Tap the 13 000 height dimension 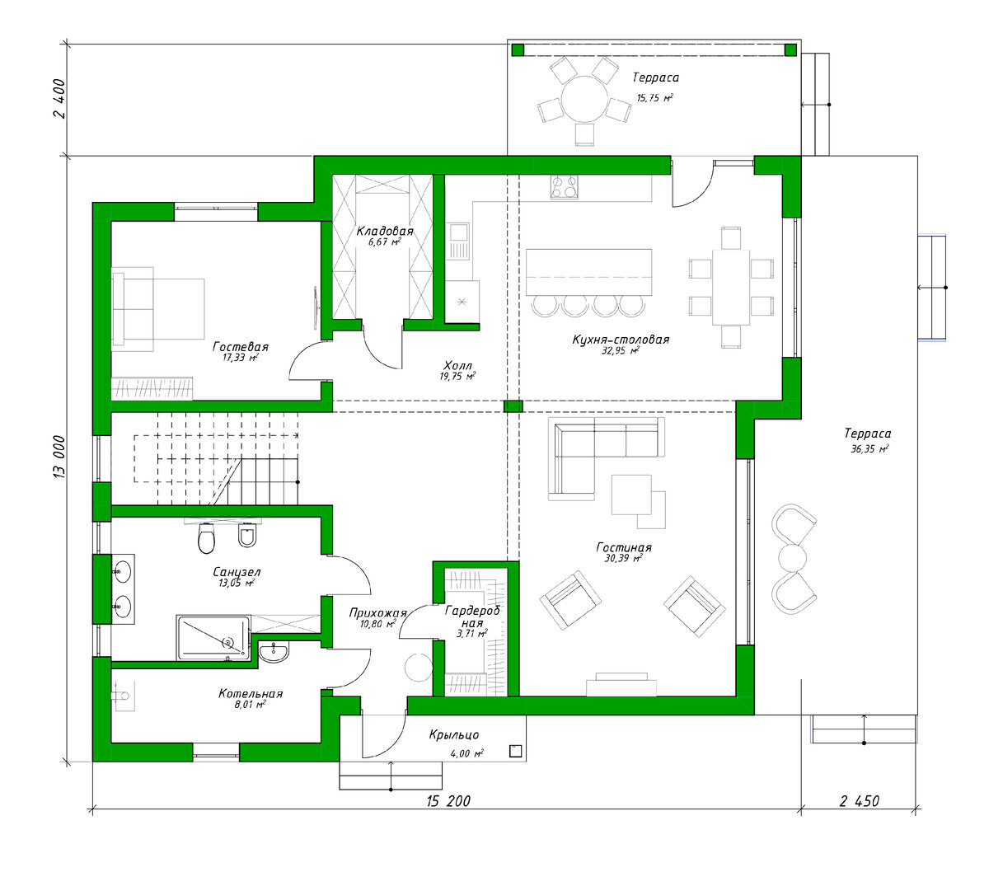(59, 456)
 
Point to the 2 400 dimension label (59, 99)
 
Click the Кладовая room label (384, 231)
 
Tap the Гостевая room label (240, 347)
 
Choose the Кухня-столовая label (620, 340)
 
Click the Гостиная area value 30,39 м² (623, 558)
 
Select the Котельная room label (250, 694)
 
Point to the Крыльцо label (453, 735)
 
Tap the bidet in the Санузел (247, 536)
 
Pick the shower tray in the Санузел (213, 638)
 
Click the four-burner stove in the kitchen (564, 187)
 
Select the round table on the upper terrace (584, 99)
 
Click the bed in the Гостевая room (157, 309)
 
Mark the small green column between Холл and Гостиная (513, 406)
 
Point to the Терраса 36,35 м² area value (869, 448)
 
